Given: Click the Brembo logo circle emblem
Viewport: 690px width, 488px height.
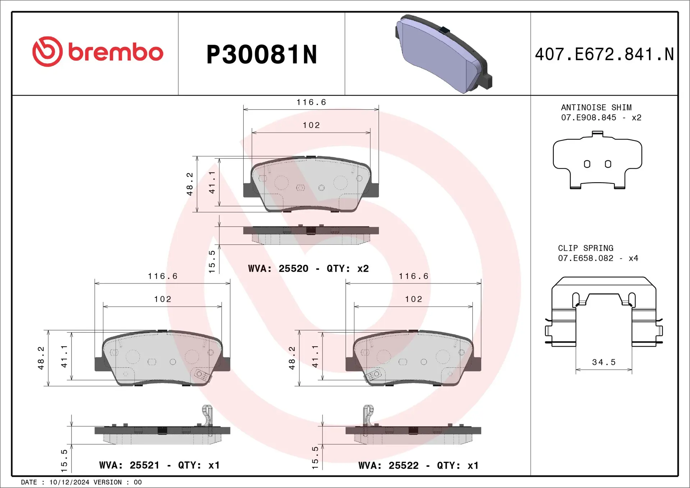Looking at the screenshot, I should [47, 51].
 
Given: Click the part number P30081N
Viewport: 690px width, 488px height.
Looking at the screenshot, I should [262, 55].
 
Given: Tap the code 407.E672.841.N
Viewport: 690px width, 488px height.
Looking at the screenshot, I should [604, 54].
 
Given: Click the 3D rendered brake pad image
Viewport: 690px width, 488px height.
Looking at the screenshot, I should [443, 54].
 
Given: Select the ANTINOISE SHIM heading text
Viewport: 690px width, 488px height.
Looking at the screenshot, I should [596, 107].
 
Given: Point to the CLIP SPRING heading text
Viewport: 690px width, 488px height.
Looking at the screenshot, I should [585, 248].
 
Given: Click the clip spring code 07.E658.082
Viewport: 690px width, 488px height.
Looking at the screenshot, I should [585, 258].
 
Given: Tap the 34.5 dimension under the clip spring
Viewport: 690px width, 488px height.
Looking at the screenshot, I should [604, 362].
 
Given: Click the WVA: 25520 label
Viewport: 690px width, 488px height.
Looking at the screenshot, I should [278, 268].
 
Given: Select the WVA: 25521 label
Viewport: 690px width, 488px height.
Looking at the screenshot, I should [129, 465].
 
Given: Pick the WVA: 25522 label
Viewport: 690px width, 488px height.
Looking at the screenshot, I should [388, 465].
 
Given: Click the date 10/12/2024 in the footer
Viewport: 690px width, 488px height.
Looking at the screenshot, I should [69, 482].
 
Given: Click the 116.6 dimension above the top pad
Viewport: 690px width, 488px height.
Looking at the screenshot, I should [311, 102].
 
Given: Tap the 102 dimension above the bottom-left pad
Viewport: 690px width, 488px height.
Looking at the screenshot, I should [162, 299].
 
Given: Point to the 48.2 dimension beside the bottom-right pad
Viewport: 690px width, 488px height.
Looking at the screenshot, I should [292, 358].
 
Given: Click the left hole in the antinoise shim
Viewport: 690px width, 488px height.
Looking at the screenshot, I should [587, 164].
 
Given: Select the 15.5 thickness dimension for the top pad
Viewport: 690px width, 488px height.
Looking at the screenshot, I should [212, 261].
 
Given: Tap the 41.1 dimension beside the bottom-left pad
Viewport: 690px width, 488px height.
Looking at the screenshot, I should [64, 356].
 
